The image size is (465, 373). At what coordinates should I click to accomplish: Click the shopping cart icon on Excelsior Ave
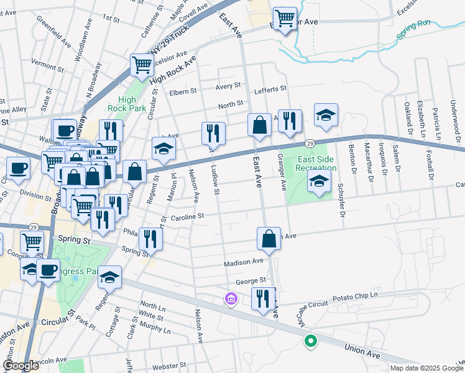coord(285,19)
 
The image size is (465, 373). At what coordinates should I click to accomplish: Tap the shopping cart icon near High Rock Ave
coord(142,64)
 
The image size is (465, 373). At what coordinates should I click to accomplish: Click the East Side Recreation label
coord(315,163)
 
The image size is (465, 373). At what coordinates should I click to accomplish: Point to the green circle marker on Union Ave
coord(310,341)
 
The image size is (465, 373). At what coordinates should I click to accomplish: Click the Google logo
coord(21,366)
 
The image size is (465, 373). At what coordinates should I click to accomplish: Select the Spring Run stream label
coord(415,38)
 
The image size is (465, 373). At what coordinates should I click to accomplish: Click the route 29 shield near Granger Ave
coord(309,143)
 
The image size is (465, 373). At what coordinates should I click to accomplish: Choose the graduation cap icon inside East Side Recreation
coord(319,182)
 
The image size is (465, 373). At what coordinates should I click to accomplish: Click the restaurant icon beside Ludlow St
coord(213,132)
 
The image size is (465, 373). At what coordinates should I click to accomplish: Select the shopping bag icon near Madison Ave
coord(269,238)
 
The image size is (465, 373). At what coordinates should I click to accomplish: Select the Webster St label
coord(169,366)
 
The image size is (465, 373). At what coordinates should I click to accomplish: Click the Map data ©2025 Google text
coord(426,368)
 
